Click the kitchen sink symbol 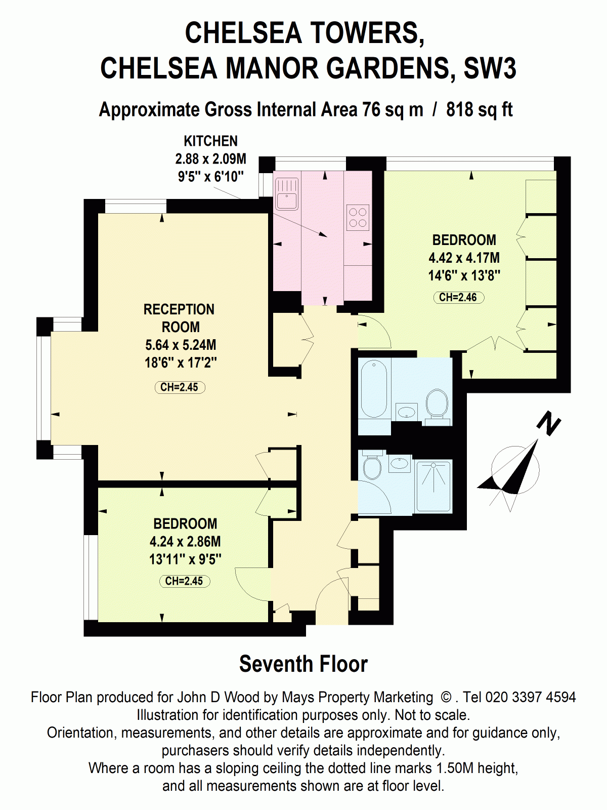[x=286, y=194]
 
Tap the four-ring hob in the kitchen [x=358, y=217]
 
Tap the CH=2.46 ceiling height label [x=458, y=297]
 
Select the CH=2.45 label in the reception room [x=180, y=387]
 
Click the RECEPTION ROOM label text [x=179, y=318]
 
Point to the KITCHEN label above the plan [x=211, y=141]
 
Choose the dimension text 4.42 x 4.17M [x=464, y=258]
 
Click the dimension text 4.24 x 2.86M [x=185, y=541]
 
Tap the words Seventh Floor [x=303, y=664]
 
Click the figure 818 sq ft [x=479, y=109]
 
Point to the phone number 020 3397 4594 [x=530, y=697]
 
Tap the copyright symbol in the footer [x=446, y=698]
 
